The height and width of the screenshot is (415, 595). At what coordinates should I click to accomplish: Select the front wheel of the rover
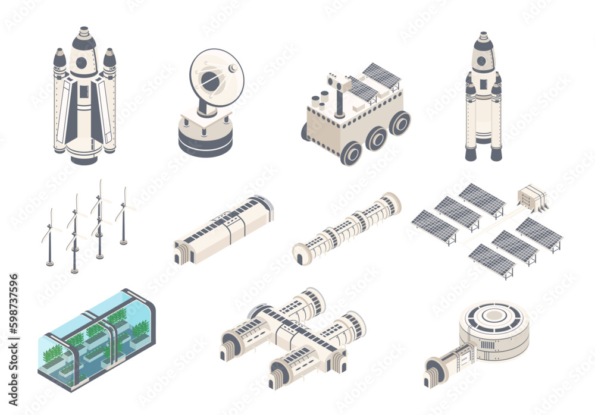[x=352, y=153]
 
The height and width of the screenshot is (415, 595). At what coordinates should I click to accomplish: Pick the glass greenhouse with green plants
[x=95, y=339]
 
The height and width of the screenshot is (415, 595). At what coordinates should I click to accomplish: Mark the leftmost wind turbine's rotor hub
[x=51, y=227]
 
